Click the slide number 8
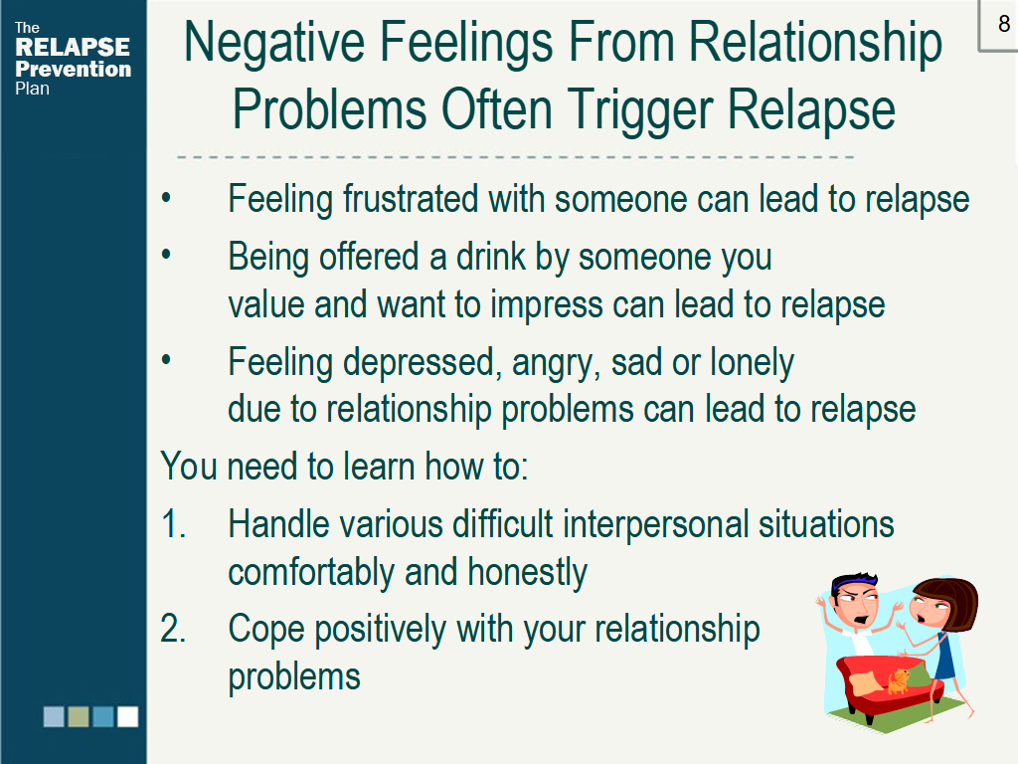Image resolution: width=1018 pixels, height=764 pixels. point(1004,24)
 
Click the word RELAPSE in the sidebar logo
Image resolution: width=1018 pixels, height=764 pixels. point(73,47)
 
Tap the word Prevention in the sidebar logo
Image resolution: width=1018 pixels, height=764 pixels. point(73,69)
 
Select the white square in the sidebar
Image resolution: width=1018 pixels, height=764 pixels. point(127,716)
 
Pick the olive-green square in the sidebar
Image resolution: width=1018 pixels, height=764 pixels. point(79,716)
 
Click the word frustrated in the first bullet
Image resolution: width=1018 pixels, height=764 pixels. point(411,198)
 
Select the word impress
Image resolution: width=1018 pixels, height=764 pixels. point(547,305)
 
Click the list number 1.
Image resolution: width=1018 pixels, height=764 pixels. point(172,523)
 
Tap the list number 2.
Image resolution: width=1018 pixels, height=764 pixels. point(173,629)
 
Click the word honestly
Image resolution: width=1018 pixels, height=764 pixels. point(527,573)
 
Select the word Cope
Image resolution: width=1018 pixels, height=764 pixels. point(266,630)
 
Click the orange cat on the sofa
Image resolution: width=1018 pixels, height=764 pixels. point(899,680)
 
